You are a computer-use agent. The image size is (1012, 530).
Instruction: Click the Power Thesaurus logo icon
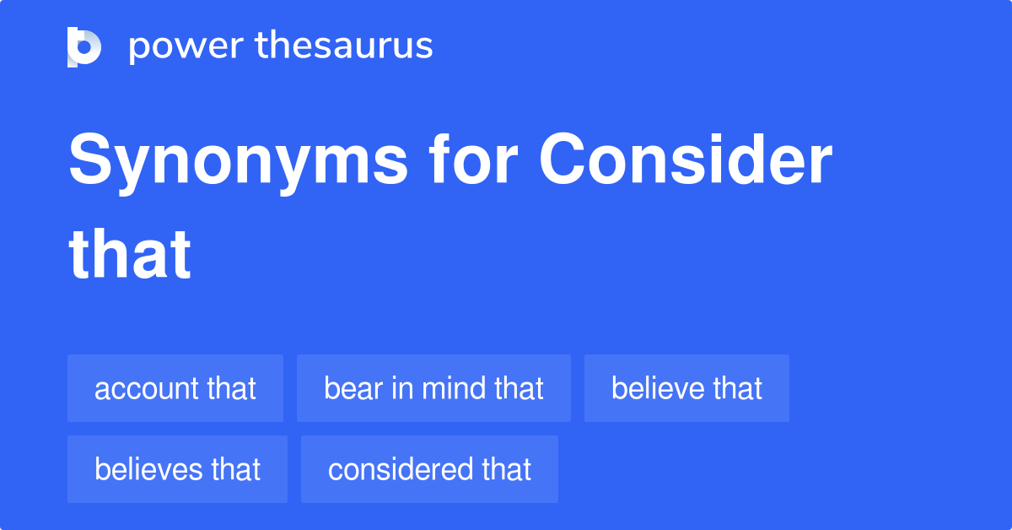pos(84,46)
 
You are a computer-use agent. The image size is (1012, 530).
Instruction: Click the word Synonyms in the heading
pos(233,162)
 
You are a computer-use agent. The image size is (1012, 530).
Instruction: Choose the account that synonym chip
pos(175,388)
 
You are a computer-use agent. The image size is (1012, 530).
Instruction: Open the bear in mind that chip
pos(433,388)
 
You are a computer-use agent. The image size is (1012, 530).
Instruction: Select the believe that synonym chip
pos(686,388)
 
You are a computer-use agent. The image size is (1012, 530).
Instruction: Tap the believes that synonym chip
pos(177,469)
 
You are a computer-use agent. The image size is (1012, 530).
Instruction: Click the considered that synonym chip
pos(429,469)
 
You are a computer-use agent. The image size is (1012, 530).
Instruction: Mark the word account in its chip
pos(146,389)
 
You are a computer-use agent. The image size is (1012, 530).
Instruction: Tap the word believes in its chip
pos(148,469)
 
